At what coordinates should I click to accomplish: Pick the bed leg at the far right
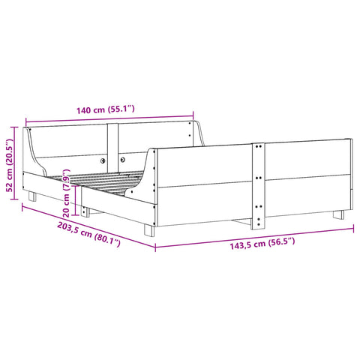point(340,214)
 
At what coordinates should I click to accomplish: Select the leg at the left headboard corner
point(32,197)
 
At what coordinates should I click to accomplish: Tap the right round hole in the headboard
point(121,159)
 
